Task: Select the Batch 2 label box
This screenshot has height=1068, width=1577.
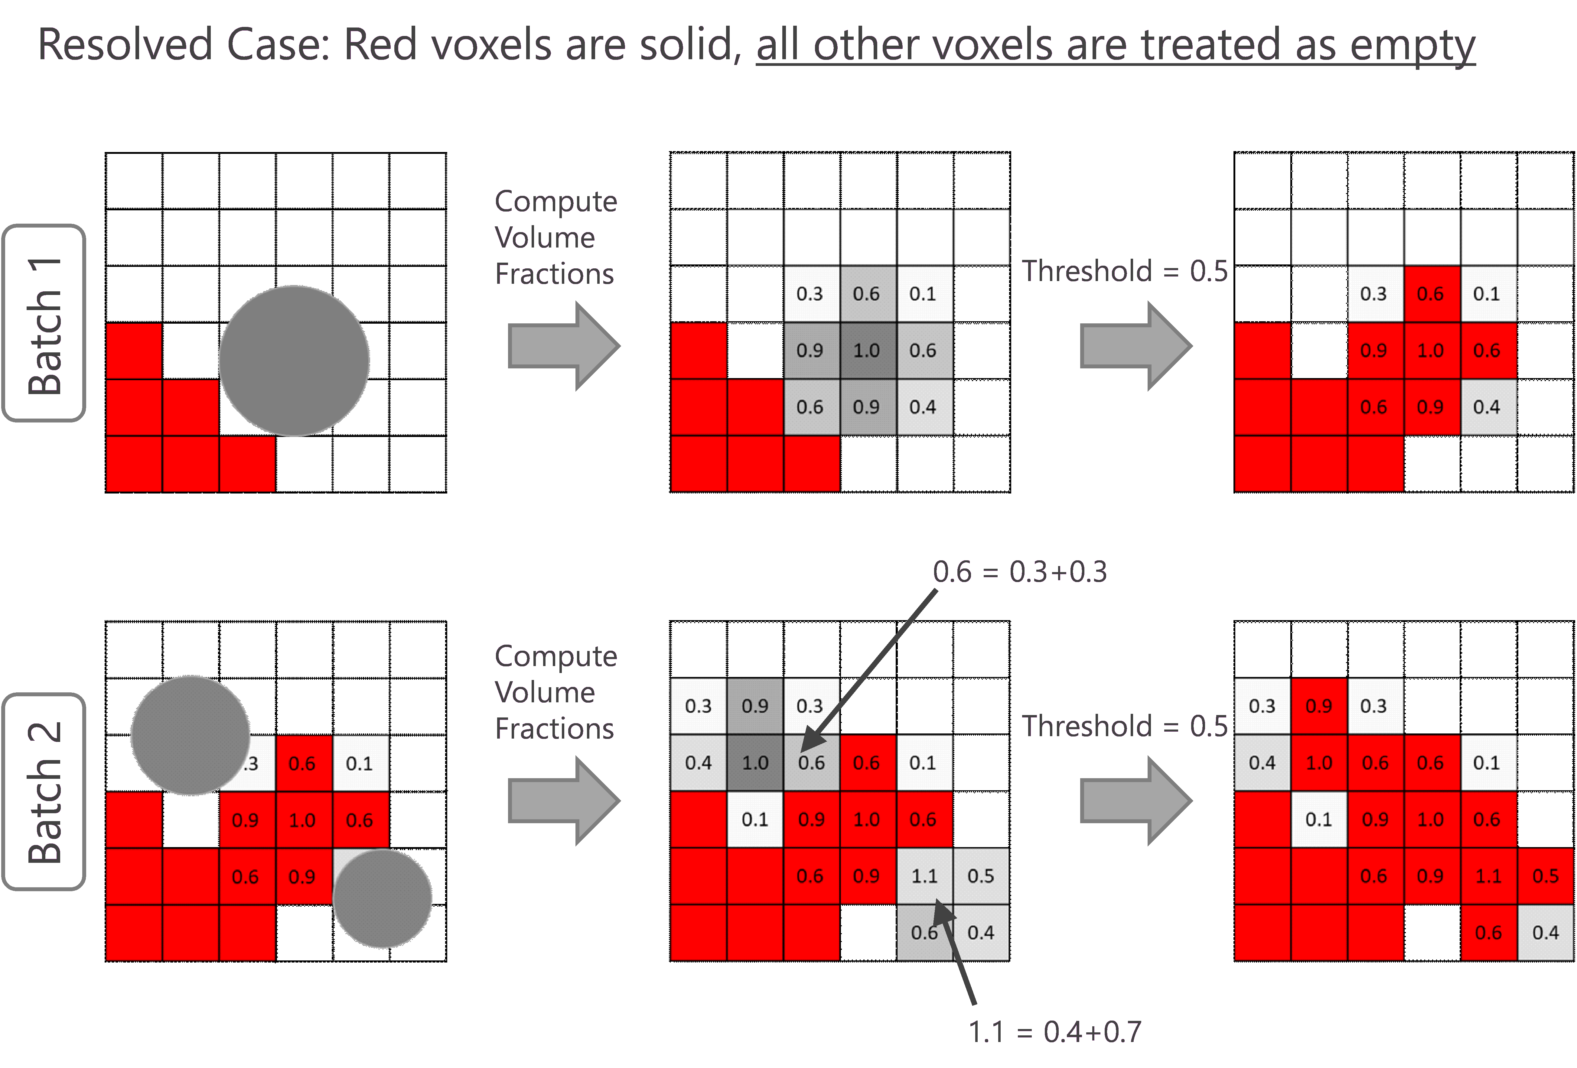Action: pyautogui.click(x=44, y=791)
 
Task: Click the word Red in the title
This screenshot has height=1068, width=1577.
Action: pyautogui.click(x=380, y=45)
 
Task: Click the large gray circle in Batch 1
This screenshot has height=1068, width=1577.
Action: pyautogui.click(x=294, y=361)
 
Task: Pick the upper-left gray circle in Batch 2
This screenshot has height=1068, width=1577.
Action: pyautogui.click(x=190, y=735)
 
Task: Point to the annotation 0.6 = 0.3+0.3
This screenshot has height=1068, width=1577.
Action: pyautogui.click(x=1020, y=572)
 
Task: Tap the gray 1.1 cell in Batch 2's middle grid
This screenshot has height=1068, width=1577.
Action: pyautogui.click(x=924, y=876)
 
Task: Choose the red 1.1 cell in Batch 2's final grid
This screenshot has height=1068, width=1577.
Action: pyautogui.click(x=1488, y=876)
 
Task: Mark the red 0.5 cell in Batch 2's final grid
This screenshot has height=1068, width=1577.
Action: pyautogui.click(x=1545, y=876)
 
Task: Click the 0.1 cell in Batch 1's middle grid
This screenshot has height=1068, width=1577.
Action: pyautogui.click(x=923, y=294)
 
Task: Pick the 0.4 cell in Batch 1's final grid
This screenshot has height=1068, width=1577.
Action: pyautogui.click(x=1487, y=407)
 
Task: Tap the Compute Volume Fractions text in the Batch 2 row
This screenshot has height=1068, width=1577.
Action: pyautogui.click(x=556, y=692)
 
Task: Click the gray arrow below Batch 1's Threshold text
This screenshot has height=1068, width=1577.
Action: pyautogui.click(x=1135, y=346)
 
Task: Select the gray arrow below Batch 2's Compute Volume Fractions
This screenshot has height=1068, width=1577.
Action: pyautogui.click(x=563, y=801)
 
